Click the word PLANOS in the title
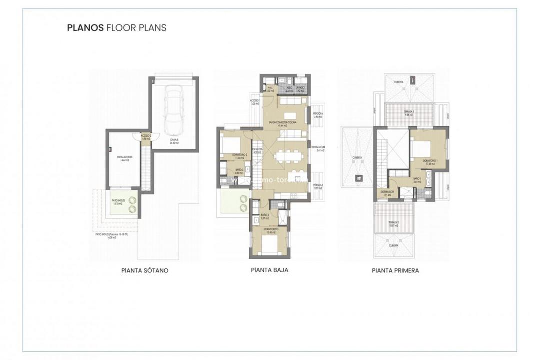point(85,28)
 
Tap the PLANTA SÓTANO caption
point(145,270)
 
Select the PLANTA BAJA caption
point(269,270)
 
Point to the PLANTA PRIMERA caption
point(395,270)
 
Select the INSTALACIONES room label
point(124,158)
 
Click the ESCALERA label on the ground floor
point(258,150)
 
